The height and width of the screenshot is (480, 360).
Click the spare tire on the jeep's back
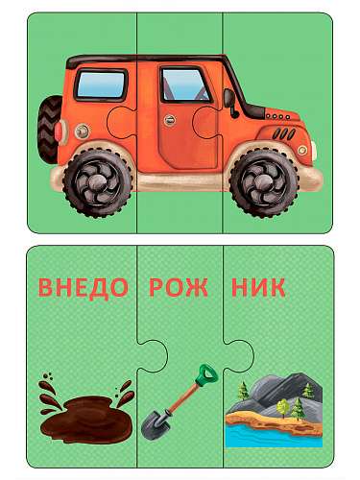pyautogui.click(x=49, y=130)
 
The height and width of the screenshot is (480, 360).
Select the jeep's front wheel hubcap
pyautogui.click(x=263, y=183)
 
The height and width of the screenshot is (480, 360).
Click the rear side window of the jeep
pyautogui.click(x=101, y=84)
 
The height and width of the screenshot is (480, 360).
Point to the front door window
pyautogui.click(x=183, y=84)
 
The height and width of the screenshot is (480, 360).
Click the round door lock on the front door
pyautogui.click(x=170, y=120)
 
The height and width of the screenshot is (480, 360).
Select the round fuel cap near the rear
pyautogui.click(x=82, y=132)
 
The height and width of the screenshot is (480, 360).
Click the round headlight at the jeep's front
pyautogui.click(x=302, y=150)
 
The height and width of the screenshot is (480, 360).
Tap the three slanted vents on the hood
pyautogui.click(x=284, y=133)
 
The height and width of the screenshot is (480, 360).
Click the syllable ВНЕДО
pyautogui.click(x=83, y=287)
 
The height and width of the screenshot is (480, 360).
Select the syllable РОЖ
pyautogui.click(x=178, y=287)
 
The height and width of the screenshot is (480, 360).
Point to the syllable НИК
pyautogui.click(x=258, y=287)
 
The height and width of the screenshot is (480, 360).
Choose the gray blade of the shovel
pyautogui.click(x=156, y=424)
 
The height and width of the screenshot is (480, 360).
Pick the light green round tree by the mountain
pyautogui.click(x=283, y=407)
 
